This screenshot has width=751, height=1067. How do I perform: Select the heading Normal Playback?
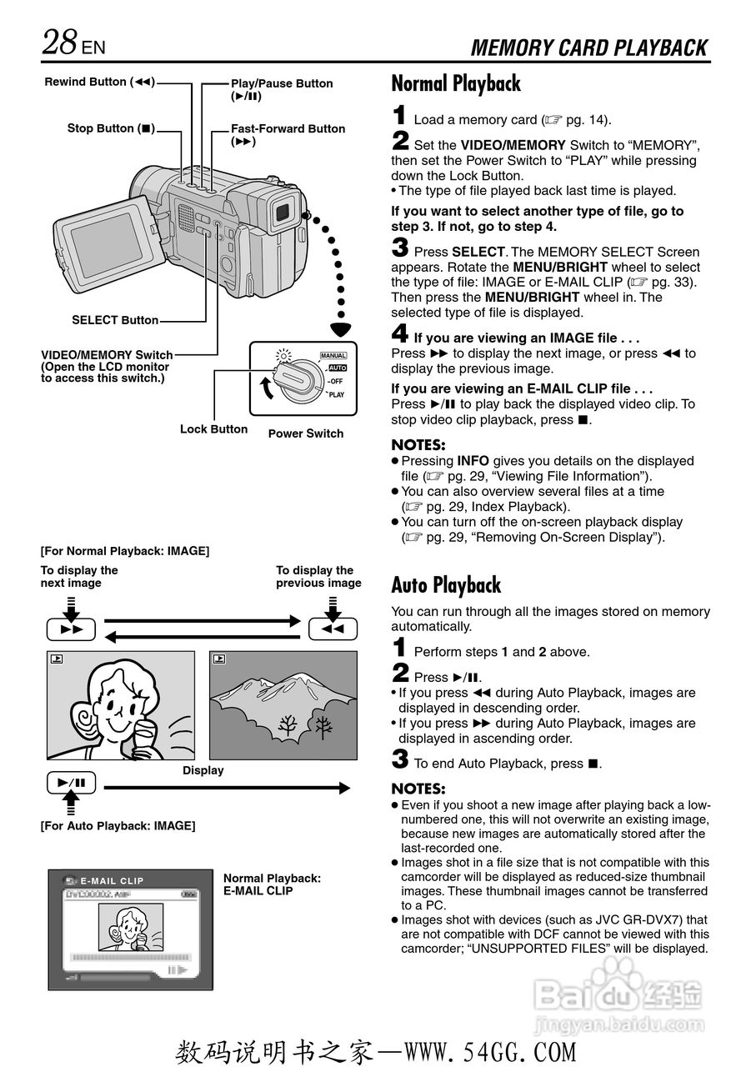(456, 83)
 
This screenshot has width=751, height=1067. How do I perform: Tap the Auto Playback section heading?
(446, 585)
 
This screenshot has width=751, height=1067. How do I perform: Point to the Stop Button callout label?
(112, 128)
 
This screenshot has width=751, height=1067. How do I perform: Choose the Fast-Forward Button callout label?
(288, 128)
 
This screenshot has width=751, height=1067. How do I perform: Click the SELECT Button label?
(115, 320)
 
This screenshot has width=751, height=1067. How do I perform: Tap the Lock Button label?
(213, 429)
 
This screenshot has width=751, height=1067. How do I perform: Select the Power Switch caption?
(305, 433)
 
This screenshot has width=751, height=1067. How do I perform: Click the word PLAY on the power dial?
(337, 394)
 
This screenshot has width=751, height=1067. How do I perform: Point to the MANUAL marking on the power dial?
(333, 356)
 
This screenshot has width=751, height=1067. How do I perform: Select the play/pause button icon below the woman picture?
(72, 783)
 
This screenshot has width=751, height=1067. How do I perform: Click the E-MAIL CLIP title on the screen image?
(112, 880)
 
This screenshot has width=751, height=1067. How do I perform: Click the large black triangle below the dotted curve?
(340, 328)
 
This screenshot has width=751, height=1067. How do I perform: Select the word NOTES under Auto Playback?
(418, 789)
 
